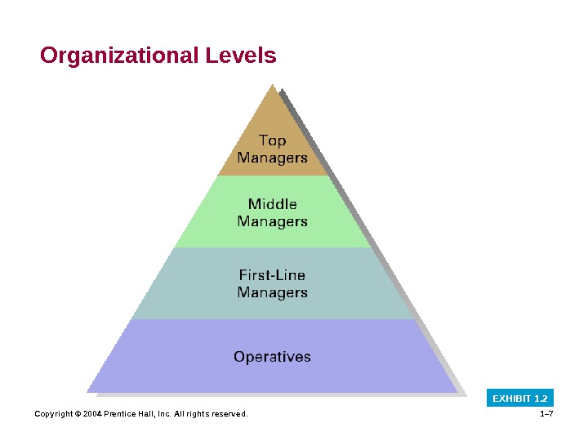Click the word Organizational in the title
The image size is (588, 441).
(117, 56)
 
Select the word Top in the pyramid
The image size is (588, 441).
(272, 140)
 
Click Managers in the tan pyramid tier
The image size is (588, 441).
(272, 158)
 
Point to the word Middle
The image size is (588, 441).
(272, 204)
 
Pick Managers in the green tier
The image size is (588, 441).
(272, 221)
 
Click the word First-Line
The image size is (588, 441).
(272, 275)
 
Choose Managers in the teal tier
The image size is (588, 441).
(272, 292)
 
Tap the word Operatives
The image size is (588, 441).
(272, 357)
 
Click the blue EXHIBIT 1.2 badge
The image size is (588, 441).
(520, 399)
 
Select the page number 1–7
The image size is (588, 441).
(547, 414)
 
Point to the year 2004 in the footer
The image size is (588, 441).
(91, 414)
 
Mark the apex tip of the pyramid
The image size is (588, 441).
(273, 84)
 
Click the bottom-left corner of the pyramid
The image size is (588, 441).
(87, 392)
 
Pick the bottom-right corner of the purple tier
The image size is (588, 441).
(457, 392)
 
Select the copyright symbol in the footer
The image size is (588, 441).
(78, 414)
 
